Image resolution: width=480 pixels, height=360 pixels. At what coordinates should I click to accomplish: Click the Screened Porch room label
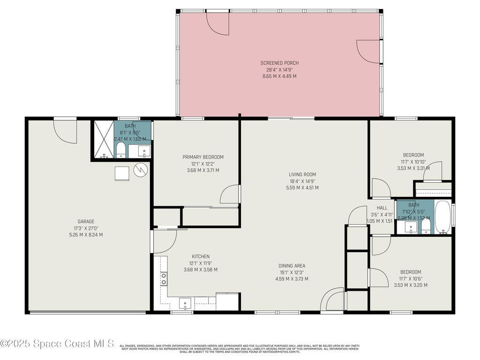click(279, 63)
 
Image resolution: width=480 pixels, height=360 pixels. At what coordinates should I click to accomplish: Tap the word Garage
click(86, 222)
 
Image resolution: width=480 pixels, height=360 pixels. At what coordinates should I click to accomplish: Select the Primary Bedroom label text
click(203, 157)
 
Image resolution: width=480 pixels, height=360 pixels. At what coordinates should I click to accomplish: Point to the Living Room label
click(302, 174)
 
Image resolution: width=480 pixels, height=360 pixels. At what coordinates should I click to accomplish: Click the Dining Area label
click(292, 266)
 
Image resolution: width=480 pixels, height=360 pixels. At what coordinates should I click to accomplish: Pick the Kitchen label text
click(200, 256)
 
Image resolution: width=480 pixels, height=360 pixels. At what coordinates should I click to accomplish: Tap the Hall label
click(382, 208)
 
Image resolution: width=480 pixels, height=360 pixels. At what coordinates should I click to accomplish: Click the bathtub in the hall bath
click(442, 217)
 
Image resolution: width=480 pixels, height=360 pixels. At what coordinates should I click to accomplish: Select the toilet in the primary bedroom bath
click(120, 150)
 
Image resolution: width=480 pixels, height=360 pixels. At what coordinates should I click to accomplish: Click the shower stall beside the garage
click(104, 140)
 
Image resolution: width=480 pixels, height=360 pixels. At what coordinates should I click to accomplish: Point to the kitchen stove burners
click(164, 279)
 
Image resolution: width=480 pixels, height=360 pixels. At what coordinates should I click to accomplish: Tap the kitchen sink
click(185, 303)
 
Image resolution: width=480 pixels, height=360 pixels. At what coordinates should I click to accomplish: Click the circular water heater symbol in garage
click(140, 170)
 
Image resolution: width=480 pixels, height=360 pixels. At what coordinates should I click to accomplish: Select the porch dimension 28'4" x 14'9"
click(279, 69)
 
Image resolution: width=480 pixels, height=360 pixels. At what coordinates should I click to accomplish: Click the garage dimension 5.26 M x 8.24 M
click(86, 235)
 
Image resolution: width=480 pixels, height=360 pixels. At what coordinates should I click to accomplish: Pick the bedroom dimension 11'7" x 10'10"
click(413, 162)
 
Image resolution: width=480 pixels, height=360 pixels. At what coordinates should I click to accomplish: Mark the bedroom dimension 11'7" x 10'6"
click(410, 278)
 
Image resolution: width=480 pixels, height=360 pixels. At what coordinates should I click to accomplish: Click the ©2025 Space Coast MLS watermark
click(57, 344)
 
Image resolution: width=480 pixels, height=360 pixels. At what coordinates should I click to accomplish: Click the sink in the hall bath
click(411, 228)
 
